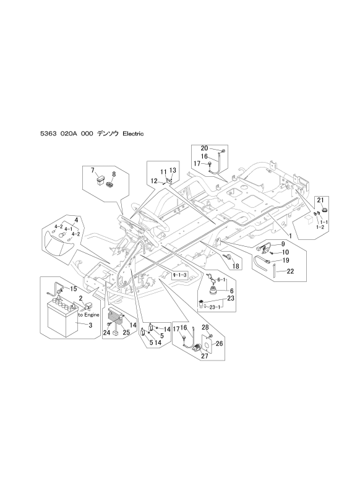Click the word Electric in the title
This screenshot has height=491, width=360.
tap(133, 134)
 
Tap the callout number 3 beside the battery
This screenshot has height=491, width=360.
tap(90, 325)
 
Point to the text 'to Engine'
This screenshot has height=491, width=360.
tap(88, 315)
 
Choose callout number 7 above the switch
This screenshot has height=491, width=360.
tap(92, 170)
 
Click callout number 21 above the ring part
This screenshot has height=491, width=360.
tap(320, 200)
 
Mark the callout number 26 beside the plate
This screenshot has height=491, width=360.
tap(219, 343)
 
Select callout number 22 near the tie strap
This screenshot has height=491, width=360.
tap(290, 271)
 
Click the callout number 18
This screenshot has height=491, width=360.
tap(236, 266)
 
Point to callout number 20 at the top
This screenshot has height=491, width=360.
tap(204, 148)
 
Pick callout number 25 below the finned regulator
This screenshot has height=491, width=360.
tap(126, 333)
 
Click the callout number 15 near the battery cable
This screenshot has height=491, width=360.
tap(73, 289)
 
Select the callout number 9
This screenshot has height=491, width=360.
tap(283, 244)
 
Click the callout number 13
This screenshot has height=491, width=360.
tap(173, 170)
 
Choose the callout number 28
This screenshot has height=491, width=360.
tap(205, 327)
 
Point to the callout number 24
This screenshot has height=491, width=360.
tap(106, 333)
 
